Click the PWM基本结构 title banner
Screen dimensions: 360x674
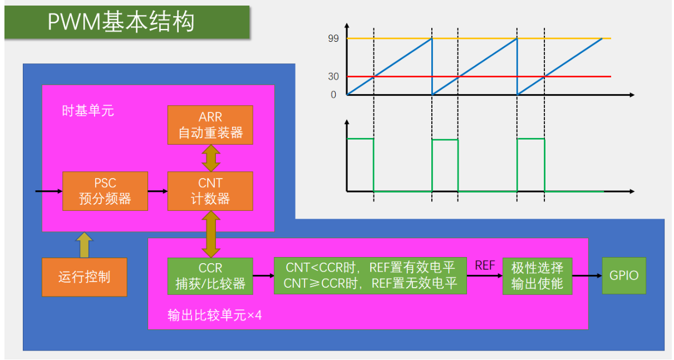click(x=127, y=22)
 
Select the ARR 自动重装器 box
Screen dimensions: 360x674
click(x=210, y=125)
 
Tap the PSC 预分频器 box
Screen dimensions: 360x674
click(x=105, y=191)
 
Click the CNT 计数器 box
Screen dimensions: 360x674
click(x=210, y=191)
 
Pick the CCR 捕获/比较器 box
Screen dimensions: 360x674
click(x=210, y=276)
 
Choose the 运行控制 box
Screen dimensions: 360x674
click(x=85, y=277)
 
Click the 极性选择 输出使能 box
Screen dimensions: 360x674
click(x=537, y=276)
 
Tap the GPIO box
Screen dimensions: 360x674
click(x=624, y=275)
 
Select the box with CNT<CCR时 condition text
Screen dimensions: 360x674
click(x=370, y=276)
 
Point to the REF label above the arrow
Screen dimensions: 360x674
click(x=485, y=265)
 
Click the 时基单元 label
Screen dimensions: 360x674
click(x=87, y=111)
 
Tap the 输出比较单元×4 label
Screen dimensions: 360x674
click(x=214, y=315)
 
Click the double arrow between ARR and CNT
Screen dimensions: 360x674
click(x=210, y=158)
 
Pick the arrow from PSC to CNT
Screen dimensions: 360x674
click(x=158, y=191)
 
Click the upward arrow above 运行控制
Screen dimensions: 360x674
click(x=84, y=245)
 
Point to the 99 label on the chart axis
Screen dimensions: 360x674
click(x=334, y=38)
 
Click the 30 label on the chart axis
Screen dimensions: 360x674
click(x=334, y=77)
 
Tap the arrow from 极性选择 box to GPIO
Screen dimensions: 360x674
click(x=587, y=275)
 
